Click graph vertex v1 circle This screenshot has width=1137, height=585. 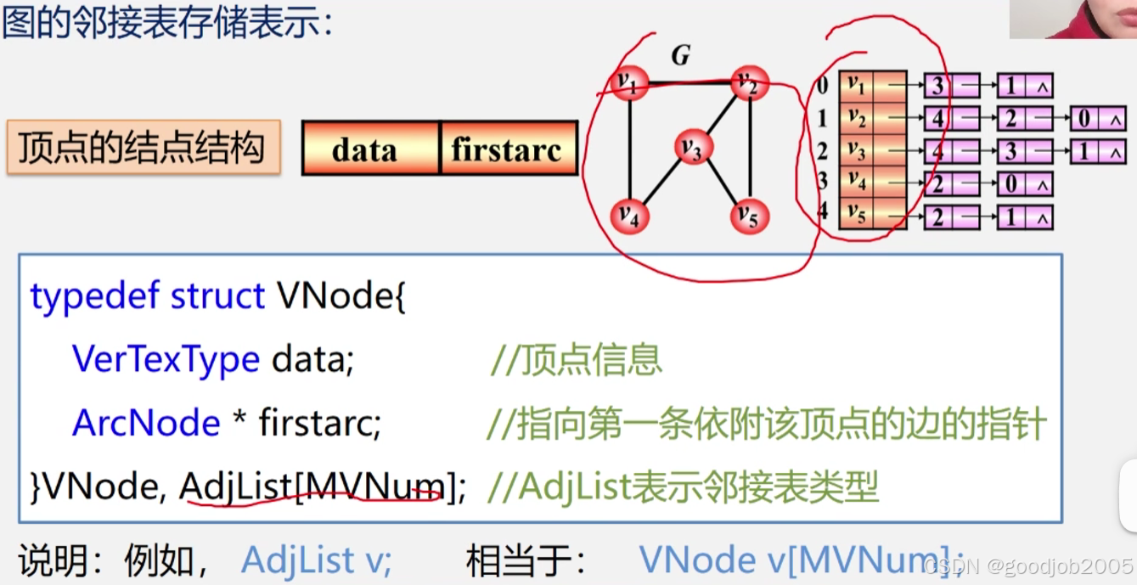coord(629,83)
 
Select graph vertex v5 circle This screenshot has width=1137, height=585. coord(749,217)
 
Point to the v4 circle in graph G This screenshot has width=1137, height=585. coord(629,217)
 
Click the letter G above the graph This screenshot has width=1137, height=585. coord(680,56)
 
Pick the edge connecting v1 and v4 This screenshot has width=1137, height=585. coord(629,149)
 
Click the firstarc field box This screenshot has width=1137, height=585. coord(508,149)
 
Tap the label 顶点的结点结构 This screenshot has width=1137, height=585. coord(143,148)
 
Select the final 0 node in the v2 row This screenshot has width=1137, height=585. coord(1085,118)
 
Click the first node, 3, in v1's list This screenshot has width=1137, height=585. coord(937,86)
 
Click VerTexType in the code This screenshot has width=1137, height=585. coord(166,360)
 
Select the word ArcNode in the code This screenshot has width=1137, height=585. coord(146,423)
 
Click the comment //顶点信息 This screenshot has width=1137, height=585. coord(576,360)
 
